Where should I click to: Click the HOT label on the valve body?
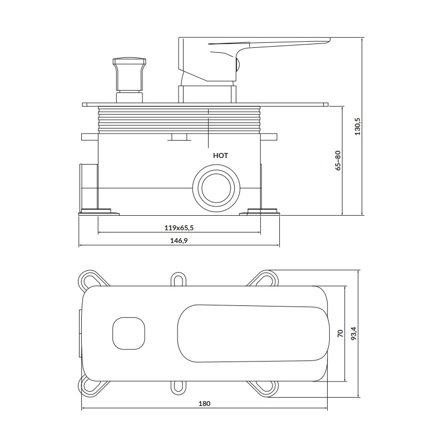point(220,156)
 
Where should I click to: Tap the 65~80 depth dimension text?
point(338,160)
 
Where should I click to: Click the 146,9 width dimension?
point(179,241)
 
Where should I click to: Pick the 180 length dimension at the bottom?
point(204,403)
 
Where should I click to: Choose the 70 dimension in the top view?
point(340,333)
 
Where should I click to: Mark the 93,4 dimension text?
point(354,333)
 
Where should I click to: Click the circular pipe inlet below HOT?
point(216,187)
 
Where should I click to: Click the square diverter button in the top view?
point(128,333)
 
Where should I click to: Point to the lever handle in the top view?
point(253,333)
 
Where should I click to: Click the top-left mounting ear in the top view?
point(92,280)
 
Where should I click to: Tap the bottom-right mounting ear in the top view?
point(263,387)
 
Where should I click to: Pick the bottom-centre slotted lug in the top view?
point(179,387)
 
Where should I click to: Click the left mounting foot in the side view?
point(99,212)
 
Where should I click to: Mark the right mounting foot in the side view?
point(260,212)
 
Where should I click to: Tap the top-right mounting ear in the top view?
point(263,280)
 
